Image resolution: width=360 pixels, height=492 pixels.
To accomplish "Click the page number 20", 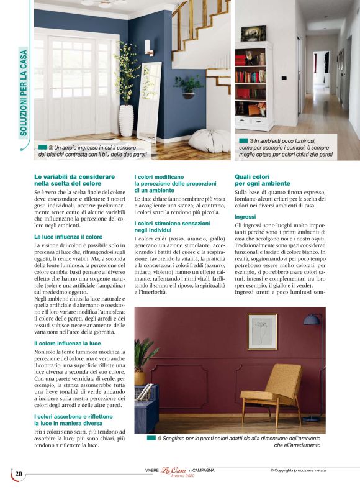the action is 19,475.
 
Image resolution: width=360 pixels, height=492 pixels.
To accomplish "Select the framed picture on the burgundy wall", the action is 262,331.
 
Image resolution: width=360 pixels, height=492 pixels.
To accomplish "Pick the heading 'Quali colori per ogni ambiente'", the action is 262,180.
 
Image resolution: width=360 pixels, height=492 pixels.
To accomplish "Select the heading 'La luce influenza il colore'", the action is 68,237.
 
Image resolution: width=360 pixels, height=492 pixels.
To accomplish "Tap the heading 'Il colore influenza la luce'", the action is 68,342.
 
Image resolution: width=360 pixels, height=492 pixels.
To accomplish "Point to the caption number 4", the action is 160,439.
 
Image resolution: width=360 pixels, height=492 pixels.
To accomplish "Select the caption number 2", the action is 50,146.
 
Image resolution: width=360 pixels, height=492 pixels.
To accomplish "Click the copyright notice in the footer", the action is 306,470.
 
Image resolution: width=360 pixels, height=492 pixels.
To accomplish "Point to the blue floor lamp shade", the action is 312,321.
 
